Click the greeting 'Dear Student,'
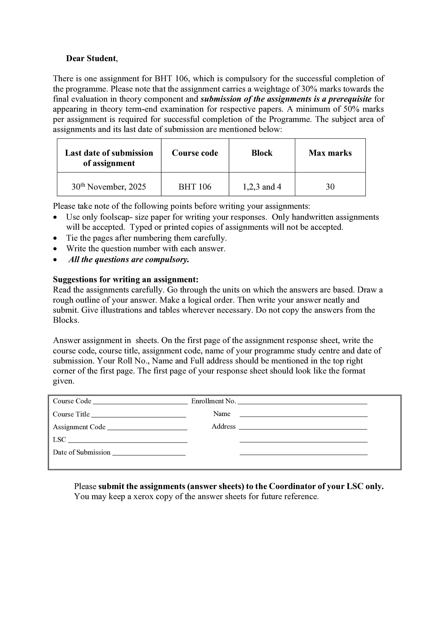click(92, 58)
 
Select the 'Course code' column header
click(195, 153)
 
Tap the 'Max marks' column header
click(330, 153)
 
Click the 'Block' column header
click(262, 153)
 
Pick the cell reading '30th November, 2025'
click(109, 187)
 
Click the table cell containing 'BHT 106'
click(195, 187)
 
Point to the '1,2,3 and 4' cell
click(262, 187)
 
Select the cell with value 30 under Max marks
click(330, 187)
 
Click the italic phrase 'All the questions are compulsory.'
click(129, 259)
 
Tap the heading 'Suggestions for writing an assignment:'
click(125, 279)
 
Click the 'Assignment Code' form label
click(79, 427)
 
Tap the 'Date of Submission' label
click(82, 452)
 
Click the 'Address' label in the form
click(223, 426)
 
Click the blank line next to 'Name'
click(303, 416)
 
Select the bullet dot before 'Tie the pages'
click(55, 238)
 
